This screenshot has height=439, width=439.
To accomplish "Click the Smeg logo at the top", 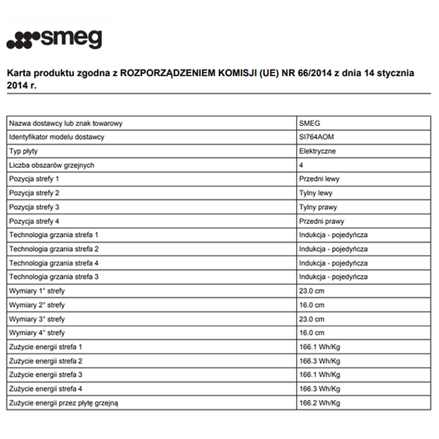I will pyautogui.click(x=54, y=40).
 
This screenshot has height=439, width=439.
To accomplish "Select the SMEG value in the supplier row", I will pyautogui.click(x=309, y=124).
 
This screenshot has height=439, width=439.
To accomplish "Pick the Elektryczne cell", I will pyautogui.click(x=319, y=151).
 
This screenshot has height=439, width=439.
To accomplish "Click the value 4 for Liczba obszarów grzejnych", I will pyautogui.click(x=301, y=165).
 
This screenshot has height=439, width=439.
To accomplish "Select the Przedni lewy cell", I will pyautogui.click(x=319, y=179).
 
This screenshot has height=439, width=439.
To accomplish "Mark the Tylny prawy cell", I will pyautogui.click(x=318, y=207).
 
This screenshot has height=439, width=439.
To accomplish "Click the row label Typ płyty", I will pyautogui.click(x=24, y=151).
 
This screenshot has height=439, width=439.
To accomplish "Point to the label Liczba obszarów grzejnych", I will pyautogui.click(x=51, y=165).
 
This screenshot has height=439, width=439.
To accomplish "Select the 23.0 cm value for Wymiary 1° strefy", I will pyautogui.click(x=313, y=291).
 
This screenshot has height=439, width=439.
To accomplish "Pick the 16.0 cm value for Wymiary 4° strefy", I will pyautogui.click(x=313, y=333).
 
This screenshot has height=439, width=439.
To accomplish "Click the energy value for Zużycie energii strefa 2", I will pyautogui.click(x=319, y=361).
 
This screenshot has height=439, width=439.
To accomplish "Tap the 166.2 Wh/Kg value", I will pyautogui.click(x=319, y=402).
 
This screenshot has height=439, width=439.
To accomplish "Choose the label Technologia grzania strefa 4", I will pyautogui.click(x=54, y=263).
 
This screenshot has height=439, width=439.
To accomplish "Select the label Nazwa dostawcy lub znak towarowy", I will pyautogui.click(x=66, y=124).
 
